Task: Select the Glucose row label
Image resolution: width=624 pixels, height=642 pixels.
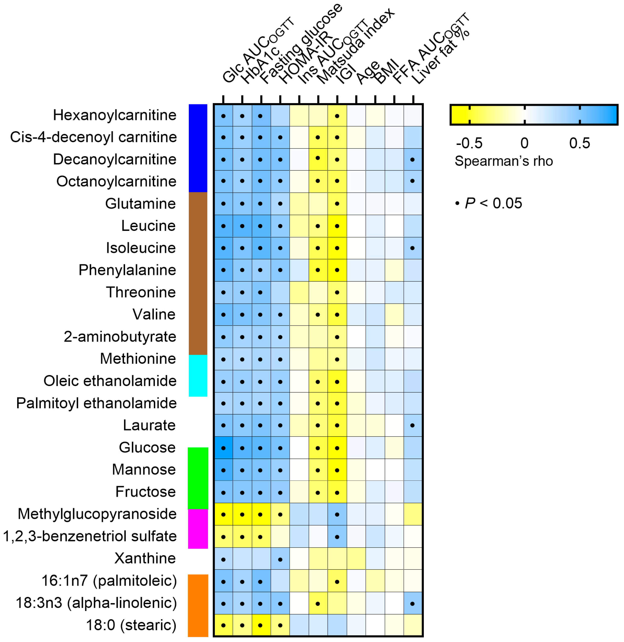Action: [147, 448]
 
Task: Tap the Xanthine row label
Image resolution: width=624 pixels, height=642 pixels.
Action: [145, 558]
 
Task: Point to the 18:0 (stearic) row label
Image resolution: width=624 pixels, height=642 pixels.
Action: [131, 625]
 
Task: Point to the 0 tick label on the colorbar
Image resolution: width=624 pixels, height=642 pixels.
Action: [524, 143]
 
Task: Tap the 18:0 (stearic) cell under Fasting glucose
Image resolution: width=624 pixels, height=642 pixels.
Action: [260, 625]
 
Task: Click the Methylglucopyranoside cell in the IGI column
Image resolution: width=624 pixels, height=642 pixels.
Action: [337, 514]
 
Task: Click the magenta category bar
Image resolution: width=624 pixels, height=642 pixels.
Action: [198, 529]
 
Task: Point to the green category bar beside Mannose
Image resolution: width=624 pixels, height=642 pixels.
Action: [198, 478]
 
